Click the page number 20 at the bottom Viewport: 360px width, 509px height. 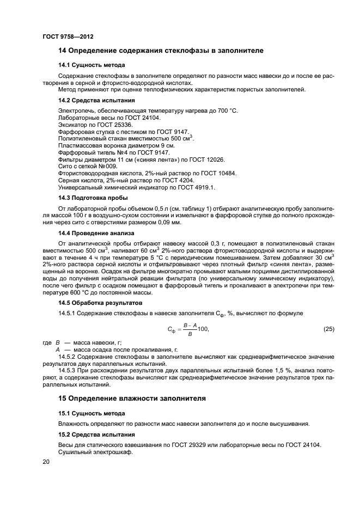pyautogui.click(x=46, y=461)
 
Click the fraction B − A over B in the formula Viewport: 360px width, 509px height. pyautogui.click(x=190, y=329)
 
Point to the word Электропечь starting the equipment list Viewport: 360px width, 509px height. pyautogui.click(x=76, y=111)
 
